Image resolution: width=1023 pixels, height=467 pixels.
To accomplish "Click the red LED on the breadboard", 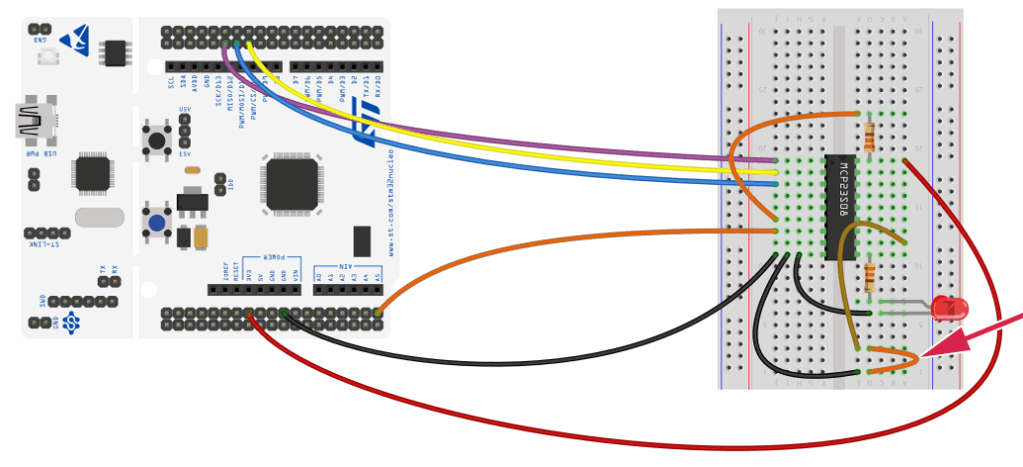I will point(947,308).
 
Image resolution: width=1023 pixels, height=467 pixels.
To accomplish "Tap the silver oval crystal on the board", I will point(98,217).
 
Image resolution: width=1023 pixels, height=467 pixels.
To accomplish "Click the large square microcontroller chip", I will point(292,182).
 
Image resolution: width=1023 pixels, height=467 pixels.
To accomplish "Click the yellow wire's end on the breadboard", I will point(775,172).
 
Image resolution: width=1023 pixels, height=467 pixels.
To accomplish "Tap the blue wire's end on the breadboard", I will point(775,184).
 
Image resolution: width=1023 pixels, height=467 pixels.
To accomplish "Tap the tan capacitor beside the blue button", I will point(202,236).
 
